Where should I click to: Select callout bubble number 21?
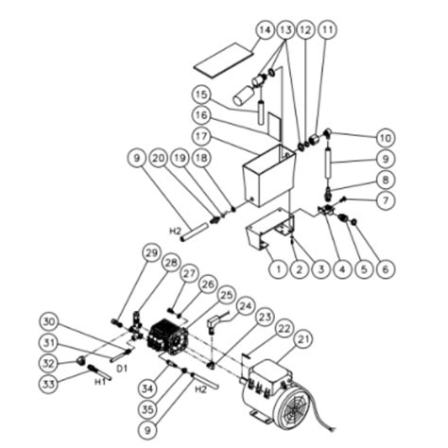pyautogui.click(x=305, y=340)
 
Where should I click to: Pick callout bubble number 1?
pyautogui.click(x=277, y=269)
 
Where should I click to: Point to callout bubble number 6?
pyautogui.click(x=383, y=269)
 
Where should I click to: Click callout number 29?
pyautogui.click(x=149, y=253)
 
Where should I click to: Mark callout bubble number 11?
pyautogui.click(x=327, y=30)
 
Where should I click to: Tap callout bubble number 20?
pyautogui.click(x=158, y=158)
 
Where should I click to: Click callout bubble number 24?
pyautogui.click(x=246, y=307)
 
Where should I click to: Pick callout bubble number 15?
pyautogui.click(x=201, y=95)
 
